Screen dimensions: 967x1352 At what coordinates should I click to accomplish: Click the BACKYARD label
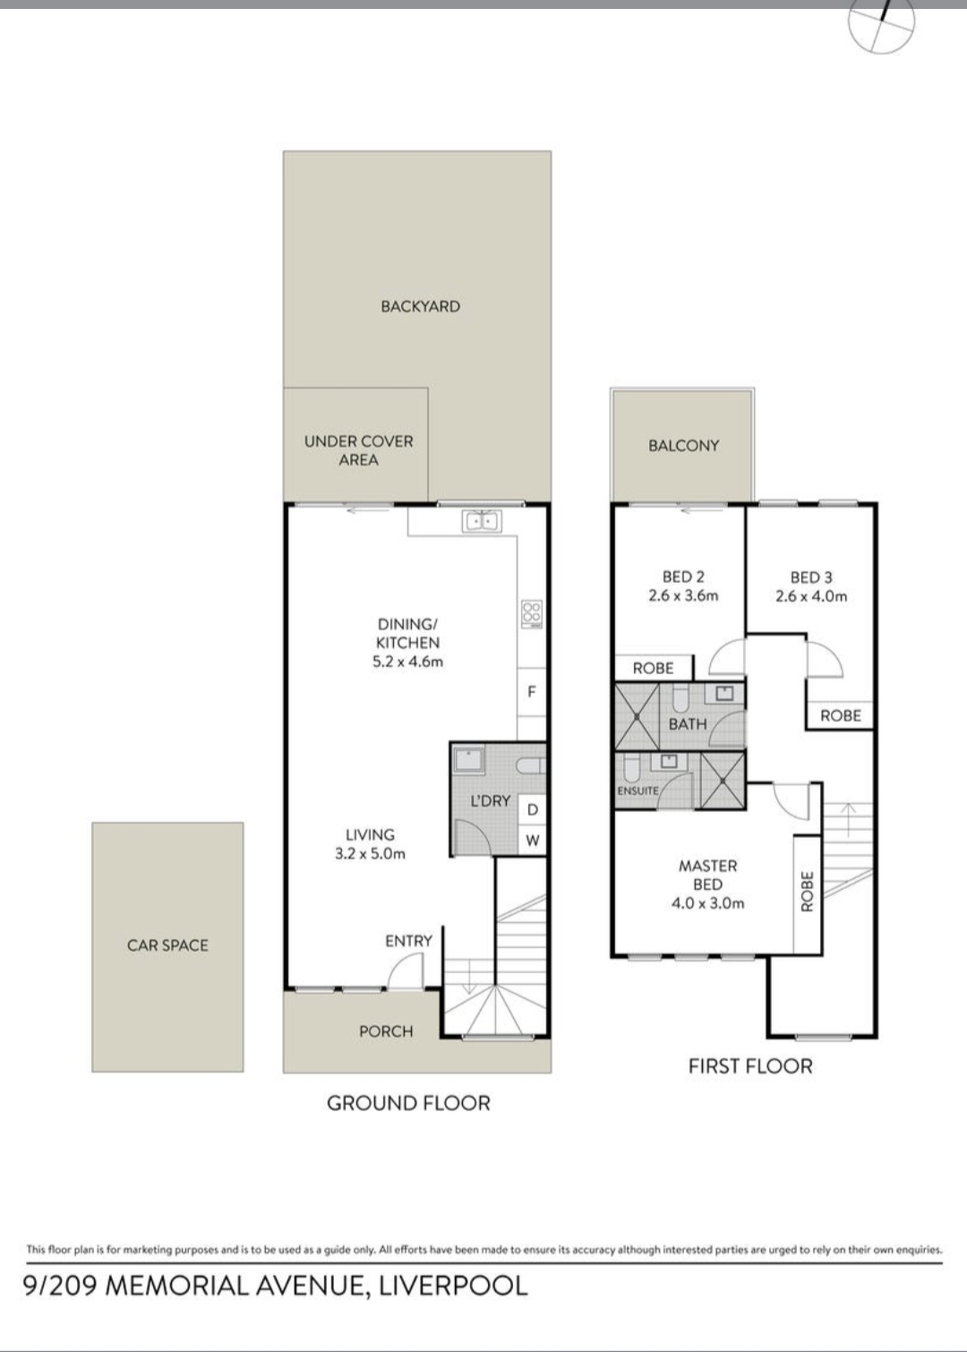pos(420,306)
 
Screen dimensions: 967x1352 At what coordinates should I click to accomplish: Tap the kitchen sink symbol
pos(481,521)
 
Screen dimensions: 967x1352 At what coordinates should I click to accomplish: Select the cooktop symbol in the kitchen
pos(532,612)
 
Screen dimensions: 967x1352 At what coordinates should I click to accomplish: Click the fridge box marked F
pos(532,692)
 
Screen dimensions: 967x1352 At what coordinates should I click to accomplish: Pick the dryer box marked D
pos(533,809)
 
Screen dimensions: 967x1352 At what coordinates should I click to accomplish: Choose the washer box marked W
pos(533,840)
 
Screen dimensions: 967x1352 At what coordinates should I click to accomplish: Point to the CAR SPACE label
pos(167,946)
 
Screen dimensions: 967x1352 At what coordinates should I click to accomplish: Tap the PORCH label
pos(386,1031)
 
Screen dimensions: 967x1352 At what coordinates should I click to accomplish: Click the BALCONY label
pos(683,445)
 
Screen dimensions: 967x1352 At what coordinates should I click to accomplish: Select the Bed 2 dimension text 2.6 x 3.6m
pos(683,595)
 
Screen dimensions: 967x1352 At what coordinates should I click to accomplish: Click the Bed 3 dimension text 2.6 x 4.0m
pos(811,596)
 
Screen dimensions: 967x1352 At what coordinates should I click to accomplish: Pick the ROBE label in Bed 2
pos(653,668)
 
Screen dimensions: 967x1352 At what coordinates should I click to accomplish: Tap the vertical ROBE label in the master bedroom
pos(807,891)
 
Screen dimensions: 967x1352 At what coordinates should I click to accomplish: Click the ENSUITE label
pos(638,790)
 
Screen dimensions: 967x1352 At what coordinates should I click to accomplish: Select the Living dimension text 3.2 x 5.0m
pos(370,854)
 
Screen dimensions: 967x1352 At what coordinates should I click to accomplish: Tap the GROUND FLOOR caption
pos(408,1103)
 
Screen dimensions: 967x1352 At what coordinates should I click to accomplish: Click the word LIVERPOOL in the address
pos(453,1286)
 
